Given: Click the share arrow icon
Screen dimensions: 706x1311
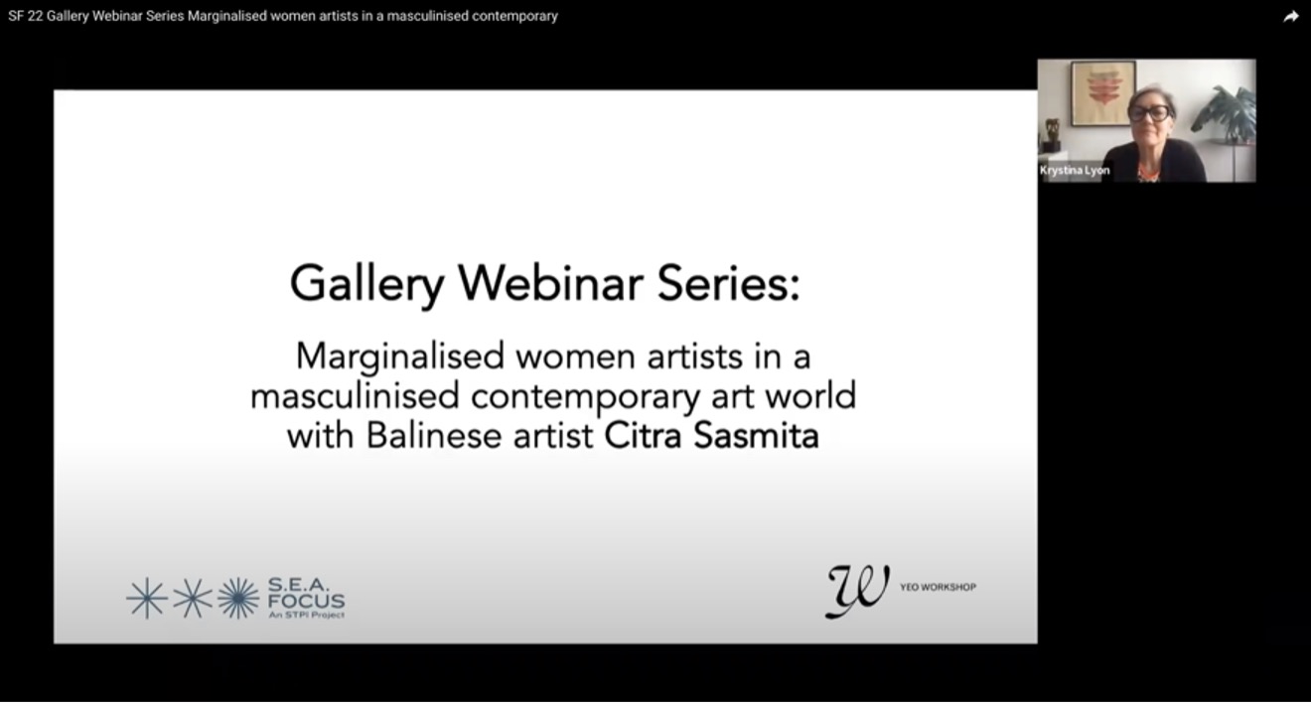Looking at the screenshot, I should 1291,17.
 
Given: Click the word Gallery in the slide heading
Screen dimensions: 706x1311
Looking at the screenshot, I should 366,285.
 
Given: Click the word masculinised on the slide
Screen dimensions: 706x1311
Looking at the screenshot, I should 355,396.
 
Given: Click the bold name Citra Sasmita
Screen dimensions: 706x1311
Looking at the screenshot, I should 711,436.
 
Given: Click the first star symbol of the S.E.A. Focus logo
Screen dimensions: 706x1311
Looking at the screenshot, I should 147,598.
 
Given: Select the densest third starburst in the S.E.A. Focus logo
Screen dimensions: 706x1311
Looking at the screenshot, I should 238,598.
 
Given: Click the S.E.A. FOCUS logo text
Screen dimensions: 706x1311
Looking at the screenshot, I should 306,593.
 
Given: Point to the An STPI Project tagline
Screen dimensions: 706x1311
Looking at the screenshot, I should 306,615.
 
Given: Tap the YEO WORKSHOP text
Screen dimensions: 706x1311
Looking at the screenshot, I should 938,588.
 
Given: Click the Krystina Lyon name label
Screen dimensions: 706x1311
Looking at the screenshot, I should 1075,171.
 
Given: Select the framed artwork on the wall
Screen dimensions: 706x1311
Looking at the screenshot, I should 1101,92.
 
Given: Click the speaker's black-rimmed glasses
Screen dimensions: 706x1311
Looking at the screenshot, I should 1149,112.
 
